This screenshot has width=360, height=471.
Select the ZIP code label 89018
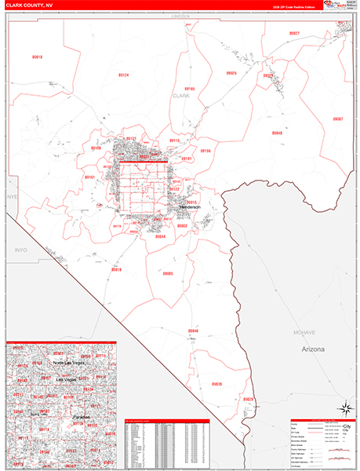(x=37, y=57)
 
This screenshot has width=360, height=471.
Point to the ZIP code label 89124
(x=124, y=75)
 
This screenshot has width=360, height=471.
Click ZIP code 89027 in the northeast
(x=293, y=33)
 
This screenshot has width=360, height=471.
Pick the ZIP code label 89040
(x=277, y=133)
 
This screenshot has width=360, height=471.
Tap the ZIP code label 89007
(x=337, y=119)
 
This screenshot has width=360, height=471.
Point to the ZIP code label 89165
(x=190, y=89)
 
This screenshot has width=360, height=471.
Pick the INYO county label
(x=20, y=250)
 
